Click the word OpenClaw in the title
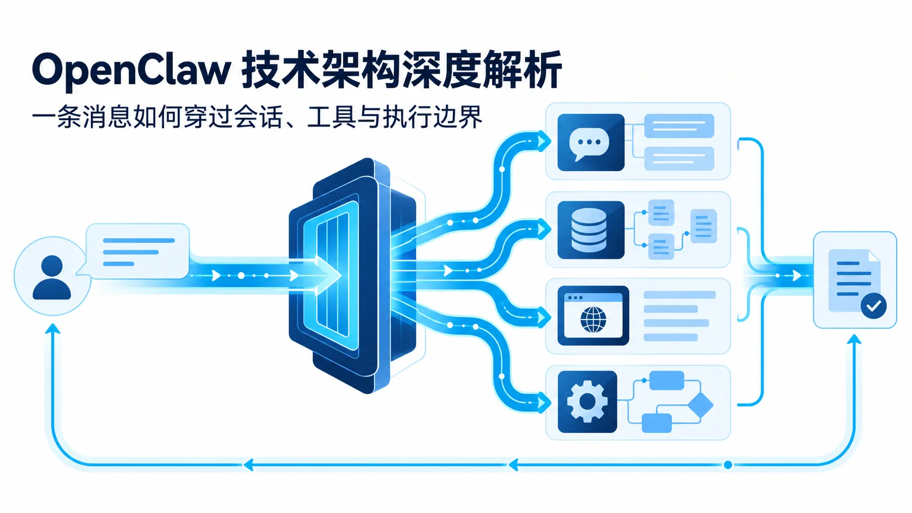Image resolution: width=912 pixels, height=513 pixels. (x=131, y=70)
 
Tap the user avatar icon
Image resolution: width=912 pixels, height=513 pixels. (x=52, y=277)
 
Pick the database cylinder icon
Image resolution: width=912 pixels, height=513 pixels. (x=589, y=230)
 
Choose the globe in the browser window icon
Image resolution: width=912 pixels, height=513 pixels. (x=593, y=319)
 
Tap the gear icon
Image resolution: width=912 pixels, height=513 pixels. (x=587, y=401)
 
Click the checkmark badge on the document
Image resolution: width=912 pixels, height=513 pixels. (x=874, y=305)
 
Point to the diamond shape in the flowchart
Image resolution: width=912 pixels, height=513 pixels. (x=700, y=405)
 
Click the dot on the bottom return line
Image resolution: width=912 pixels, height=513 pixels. (x=728, y=464)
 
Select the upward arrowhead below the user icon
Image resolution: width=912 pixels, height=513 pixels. (x=52, y=329)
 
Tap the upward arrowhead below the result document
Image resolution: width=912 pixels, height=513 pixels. (x=854, y=340)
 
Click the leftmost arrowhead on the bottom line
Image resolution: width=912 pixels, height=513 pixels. (x=249, y=464)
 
